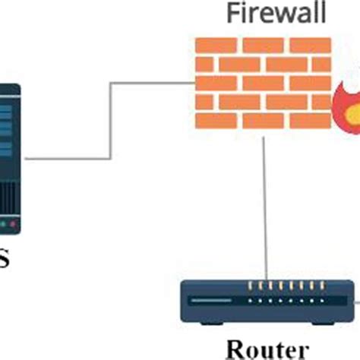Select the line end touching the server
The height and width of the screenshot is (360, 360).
pyautogui.click(x=27, y=159)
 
